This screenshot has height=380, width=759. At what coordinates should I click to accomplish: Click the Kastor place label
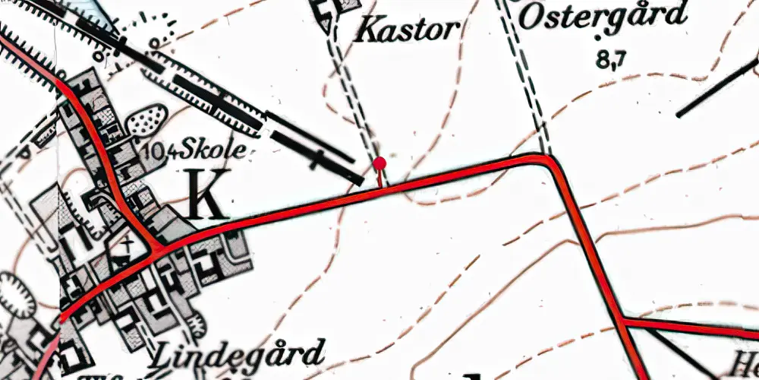pyautogui.click(x=408, y=30)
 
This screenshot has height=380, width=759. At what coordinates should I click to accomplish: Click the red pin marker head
pyautogui.click(x=379, y=163)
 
